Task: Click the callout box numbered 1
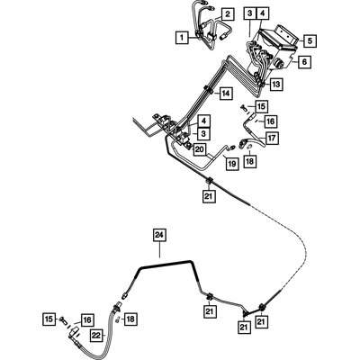(182, 38)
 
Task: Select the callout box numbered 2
(228, 13)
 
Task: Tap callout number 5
(310, 40)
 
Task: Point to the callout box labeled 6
(305, 62)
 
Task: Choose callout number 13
(275, 85)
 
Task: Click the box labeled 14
(226, 94)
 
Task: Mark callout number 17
(272, 139)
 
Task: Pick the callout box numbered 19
(232, 164)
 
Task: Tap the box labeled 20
(200, 149)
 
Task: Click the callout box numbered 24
(159, 236)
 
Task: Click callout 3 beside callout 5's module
(250, 13)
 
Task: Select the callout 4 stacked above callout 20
(203, 121)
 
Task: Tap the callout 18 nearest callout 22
(130, 319)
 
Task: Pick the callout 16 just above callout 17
(270, 121)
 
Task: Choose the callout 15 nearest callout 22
(49, 319)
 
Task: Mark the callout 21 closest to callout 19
(209, 196)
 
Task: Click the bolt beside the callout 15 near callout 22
(63, 319)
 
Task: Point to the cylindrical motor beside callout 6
(278, 64)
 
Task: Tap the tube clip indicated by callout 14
(208, 89)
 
